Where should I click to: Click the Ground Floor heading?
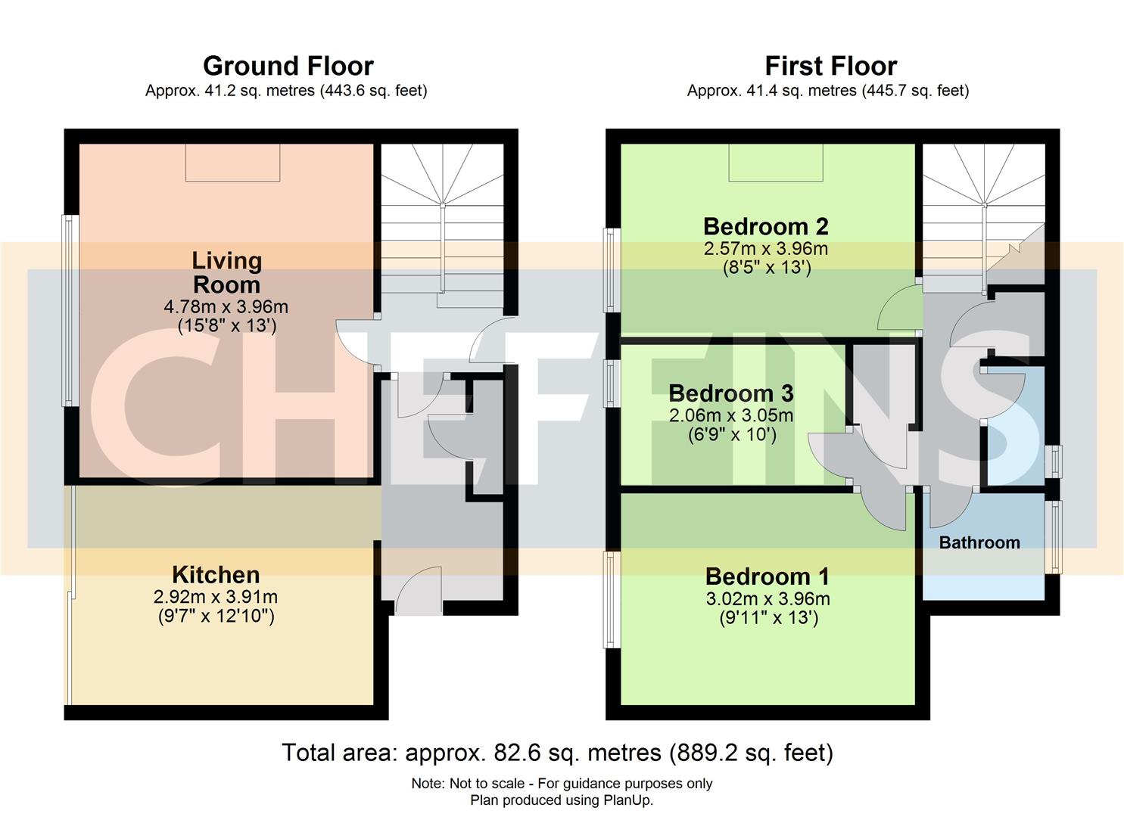(x=288, y=66)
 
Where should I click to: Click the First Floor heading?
(x=830, y=66)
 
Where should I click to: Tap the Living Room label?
(x=226, y=272)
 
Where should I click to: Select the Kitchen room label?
(x=216, y=574)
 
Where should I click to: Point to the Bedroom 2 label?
(x=765, y=226)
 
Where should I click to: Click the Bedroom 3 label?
(x=730, y=393)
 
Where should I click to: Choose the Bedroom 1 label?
(x=767, y=576)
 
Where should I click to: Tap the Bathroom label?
(x=979, y=542)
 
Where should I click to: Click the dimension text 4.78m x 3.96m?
(x=226, y=307)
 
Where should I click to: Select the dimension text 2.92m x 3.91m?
(x=216, y=597)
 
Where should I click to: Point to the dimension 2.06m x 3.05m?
(x=730, y=415)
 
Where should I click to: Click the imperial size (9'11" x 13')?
(x=767, y=618)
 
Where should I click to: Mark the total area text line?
(x=557, y=753)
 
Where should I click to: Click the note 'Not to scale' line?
(x=562, y=784)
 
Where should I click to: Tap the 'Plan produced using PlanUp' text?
(x=562, y=800)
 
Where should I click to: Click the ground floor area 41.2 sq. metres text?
(x=286, y=91)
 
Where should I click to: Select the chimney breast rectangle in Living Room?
(x=233, y=162)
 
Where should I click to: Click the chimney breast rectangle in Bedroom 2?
(x=776, y=162)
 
